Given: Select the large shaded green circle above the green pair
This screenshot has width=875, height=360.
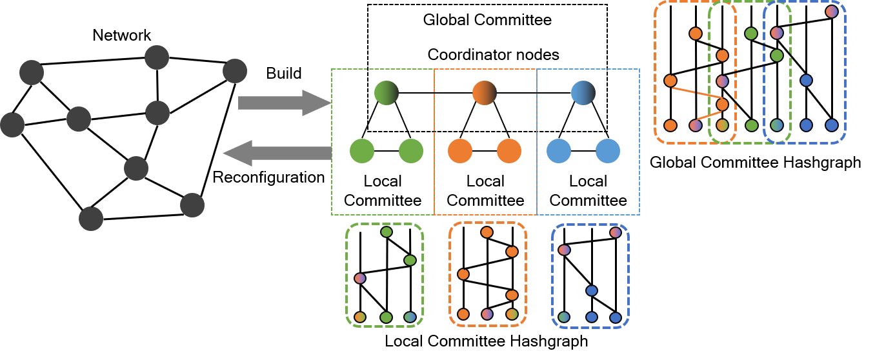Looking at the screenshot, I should point(386,93).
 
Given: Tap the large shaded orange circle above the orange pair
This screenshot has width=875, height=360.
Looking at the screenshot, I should point(484,93).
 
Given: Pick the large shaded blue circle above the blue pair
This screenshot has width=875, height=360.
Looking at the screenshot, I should point(583,93).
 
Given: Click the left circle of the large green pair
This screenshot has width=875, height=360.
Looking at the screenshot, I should point(362,151).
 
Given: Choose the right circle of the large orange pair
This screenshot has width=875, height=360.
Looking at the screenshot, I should point(509,151).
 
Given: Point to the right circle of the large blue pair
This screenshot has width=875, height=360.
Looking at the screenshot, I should point(608,151).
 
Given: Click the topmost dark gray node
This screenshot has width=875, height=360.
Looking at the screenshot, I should point(157,57).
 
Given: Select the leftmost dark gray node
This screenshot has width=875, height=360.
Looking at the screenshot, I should point(12,125).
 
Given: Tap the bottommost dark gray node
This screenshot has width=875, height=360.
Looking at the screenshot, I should point(91,219).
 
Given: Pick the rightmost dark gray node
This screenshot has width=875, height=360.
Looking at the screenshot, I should point(235,71).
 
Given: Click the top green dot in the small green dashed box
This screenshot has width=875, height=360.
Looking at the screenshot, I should point(387,232).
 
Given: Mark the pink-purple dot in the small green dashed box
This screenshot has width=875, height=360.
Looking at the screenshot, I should point(360,278).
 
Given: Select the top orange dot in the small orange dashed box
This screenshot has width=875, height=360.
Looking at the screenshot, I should point(487,232).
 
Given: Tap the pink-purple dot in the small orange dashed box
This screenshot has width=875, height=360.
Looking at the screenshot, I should point(487,314).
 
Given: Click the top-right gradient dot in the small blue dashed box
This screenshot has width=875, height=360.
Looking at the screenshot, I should point(616,232).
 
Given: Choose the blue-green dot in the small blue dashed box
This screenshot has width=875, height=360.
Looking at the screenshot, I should point(564,317).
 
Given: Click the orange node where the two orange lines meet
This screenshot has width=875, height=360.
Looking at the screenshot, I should point(722,104).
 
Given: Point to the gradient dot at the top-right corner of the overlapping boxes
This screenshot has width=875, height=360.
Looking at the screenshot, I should point(832,12).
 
